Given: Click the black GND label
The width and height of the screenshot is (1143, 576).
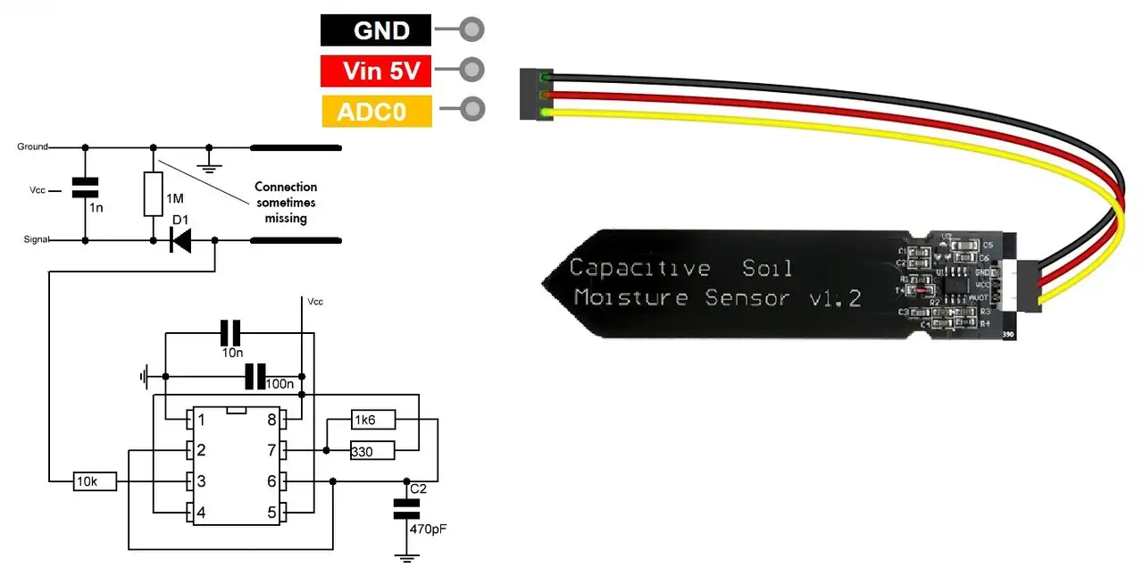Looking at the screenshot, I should (376, 30).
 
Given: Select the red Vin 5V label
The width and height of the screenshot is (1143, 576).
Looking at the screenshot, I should (376, 71).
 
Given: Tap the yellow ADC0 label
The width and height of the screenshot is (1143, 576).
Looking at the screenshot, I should (376, 112).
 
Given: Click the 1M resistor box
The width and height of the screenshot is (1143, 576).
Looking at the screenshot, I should (153, 195).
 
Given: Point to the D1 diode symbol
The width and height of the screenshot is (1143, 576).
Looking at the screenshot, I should (181, 240).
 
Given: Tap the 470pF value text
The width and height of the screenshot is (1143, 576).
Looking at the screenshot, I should (428, 530).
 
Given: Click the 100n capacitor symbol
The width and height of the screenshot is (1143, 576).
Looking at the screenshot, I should (255, 377).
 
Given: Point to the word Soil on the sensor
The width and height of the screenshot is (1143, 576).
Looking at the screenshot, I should (768, 267).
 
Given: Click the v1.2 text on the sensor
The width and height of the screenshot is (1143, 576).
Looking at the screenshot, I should (834, 298).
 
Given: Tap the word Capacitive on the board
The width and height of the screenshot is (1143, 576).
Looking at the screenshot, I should (639, 267).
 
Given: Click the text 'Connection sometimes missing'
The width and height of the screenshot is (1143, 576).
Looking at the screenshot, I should (286, 203).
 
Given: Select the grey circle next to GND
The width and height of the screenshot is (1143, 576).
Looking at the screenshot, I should (472, 29).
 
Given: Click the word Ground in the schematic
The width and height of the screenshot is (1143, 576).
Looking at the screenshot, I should (32, 146).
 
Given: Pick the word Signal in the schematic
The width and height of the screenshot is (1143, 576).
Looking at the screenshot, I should (34, 240).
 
